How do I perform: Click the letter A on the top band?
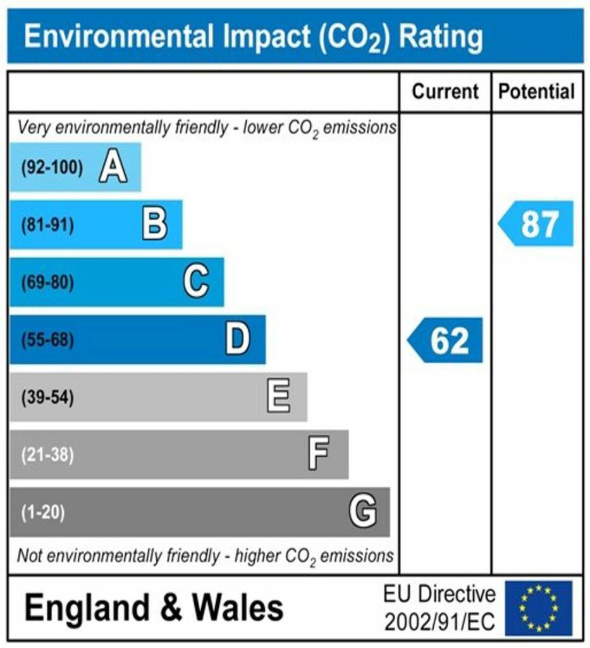coord(113,168)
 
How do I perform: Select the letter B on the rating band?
coord(154,225)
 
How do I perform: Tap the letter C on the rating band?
coord(195,282)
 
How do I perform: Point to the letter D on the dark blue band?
coord(238,340)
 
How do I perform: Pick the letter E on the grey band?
coord(279,397)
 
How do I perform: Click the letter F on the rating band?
coord(318,454)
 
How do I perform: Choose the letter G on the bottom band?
coord(363,511)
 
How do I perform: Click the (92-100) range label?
coord(52,168)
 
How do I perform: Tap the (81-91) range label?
coord(47,225)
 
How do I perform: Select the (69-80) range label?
coord(47,282)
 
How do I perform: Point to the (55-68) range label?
coord(47,340)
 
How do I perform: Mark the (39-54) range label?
coord(47,398)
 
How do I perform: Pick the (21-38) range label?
coord(47,455)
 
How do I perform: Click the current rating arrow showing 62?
coord(445,340)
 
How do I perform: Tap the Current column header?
coord(445,92)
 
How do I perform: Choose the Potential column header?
coord(537,92)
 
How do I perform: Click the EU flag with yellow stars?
coord(538,608)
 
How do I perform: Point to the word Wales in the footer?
coord(238,608)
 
